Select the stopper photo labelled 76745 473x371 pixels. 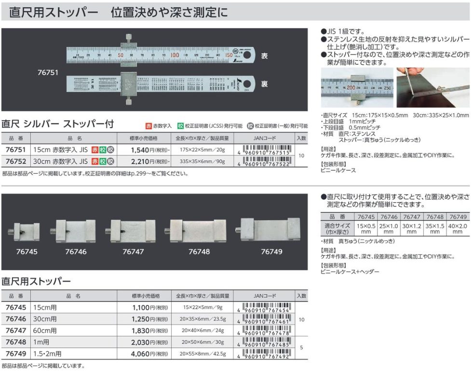coord(25,230)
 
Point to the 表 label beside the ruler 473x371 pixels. coord(264,56)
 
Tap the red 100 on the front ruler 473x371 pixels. coord(175,55)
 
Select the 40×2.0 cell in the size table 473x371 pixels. coord(457,228)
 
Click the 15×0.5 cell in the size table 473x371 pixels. coord(366,228)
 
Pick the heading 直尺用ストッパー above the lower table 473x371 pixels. coord(36,281)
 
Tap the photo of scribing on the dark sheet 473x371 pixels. coord(432,87)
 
